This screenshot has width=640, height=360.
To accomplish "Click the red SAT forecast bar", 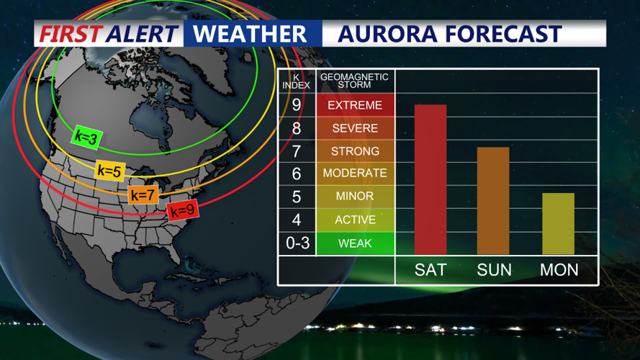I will (431, 179).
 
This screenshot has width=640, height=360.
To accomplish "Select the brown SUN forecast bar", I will (493, 201).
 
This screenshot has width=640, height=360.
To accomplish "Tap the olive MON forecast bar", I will (558, 223).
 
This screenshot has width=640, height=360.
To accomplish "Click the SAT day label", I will (431, 270).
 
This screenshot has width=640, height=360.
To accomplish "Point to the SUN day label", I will (494, 270).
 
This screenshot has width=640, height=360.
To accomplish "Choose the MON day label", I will (559, 270).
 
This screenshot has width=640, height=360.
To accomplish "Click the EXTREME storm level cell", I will (355, 105).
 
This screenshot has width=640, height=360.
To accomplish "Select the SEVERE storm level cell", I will (355, 128).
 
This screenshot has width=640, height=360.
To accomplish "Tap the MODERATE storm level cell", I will (355, 174).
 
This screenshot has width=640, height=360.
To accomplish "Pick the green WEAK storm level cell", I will (355, 243).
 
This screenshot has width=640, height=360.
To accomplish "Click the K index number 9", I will (297, 105).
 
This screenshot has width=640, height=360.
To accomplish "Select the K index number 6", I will (297, 174).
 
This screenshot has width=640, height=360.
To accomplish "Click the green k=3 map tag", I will (86, 137).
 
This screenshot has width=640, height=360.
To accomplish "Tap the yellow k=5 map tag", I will (109, 171).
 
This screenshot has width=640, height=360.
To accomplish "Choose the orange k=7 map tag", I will (143, 194).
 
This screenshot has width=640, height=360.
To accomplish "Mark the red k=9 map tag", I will (182, 210).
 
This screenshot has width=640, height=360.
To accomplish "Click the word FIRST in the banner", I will (71, 34).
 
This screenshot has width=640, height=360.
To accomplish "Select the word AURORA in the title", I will (385, 34).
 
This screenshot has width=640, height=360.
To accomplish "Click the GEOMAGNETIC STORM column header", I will (354, 80).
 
